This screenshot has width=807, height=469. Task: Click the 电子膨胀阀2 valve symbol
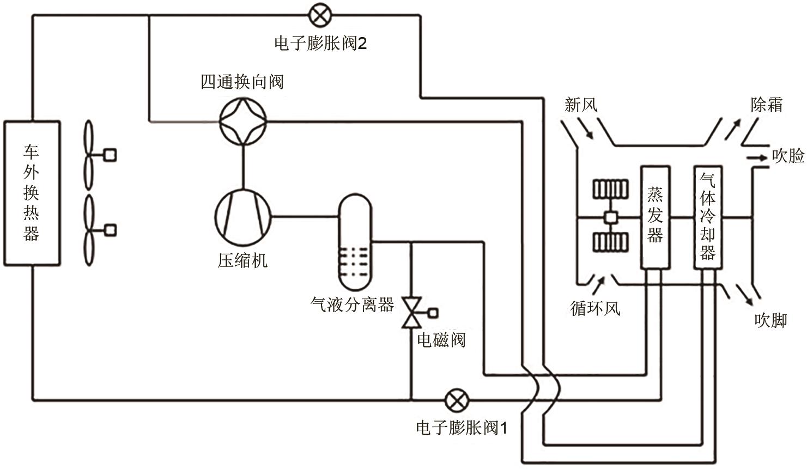pos(318,15)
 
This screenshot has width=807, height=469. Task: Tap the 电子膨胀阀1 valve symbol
pos(456,401)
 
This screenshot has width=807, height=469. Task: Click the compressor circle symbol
pos(242,216)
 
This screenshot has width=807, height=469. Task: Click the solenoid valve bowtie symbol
pos(411,313)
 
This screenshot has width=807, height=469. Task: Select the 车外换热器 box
pos(32,193)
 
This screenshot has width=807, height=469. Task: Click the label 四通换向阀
pos(242,82)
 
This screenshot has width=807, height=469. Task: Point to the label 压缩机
pos(242,260)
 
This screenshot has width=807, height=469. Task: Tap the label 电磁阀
pos(441,340)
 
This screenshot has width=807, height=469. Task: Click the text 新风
pos(581,104)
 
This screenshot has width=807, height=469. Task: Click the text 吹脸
pos(788,156)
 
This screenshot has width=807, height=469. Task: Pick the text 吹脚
pos(770,320)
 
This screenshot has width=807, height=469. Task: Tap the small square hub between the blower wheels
pos(610,217)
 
